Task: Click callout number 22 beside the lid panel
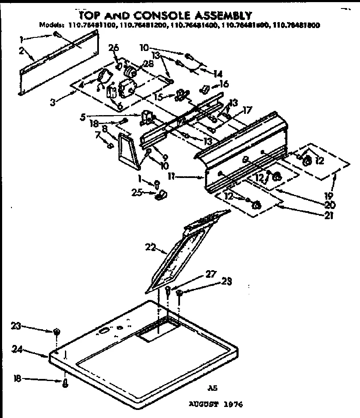coord(151,246)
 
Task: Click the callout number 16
coord(225,85)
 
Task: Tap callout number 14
coord(218,73)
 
